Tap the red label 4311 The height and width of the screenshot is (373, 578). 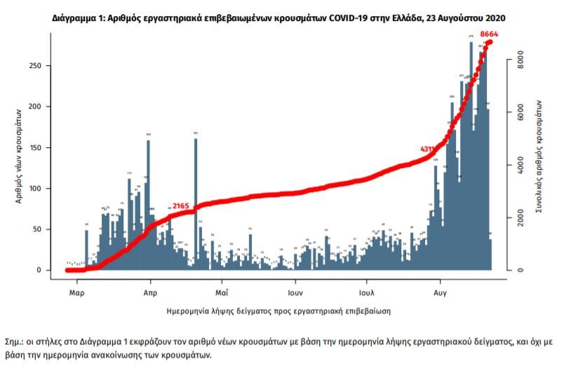click(x=428, y=149)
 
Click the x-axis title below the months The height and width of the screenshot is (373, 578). click(x=278, y=309)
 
